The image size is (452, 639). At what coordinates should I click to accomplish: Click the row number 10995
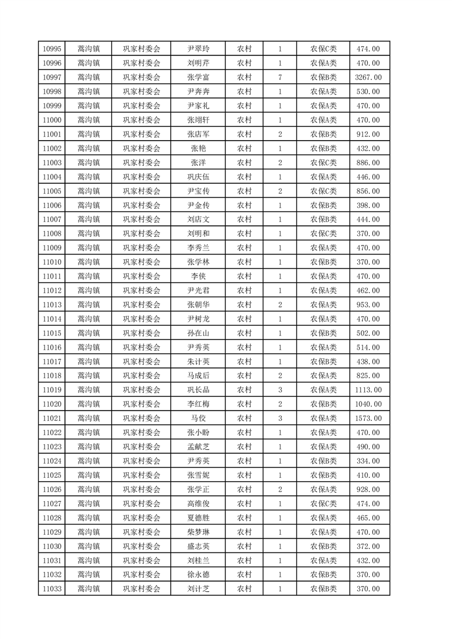pos(52,49)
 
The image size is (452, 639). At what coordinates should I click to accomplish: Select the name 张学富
pos(198,77)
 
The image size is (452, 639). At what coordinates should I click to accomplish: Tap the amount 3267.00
pos(368,77)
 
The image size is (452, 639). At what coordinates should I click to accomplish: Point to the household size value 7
pos(280,77)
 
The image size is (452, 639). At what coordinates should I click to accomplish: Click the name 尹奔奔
pos(198,92)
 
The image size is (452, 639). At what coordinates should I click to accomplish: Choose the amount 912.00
pos(368,134)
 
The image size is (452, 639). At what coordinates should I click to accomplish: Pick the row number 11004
pos(52,177)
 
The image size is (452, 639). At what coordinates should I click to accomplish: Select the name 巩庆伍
pos(198,177)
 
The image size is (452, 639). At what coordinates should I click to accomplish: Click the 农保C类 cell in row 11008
pos(323,234)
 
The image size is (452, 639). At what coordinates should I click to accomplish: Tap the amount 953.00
pos(368,305)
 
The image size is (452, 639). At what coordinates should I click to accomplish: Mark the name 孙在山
pos(198,333)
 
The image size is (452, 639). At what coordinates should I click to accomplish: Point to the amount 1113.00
pos(368,390)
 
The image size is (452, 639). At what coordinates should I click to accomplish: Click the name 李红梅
pos(198,404)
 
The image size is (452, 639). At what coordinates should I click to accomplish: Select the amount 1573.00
pos(368,419)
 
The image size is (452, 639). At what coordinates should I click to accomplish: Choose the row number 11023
pos(52,447)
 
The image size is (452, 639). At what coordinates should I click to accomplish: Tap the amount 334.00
pos(368,461)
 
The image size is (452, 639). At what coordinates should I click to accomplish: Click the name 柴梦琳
pos(198,532)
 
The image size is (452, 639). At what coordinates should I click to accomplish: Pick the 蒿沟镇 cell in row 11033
pos(88,589)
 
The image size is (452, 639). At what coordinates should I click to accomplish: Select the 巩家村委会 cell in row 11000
pos(142,120)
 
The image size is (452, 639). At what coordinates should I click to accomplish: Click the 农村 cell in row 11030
pos(245,546)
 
